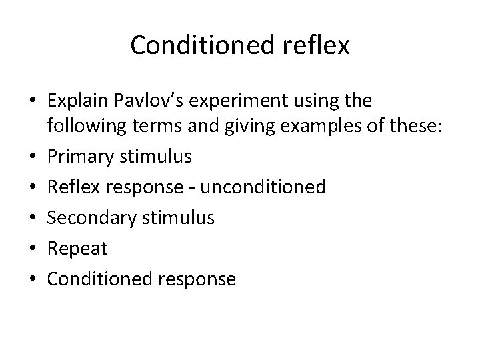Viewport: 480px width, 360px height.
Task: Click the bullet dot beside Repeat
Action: [33, 247]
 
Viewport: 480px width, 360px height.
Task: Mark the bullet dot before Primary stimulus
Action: [33, 157]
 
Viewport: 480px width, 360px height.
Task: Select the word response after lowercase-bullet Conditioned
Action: [198, 279]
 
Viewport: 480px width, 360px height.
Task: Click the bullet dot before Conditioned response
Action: [33, 278]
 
